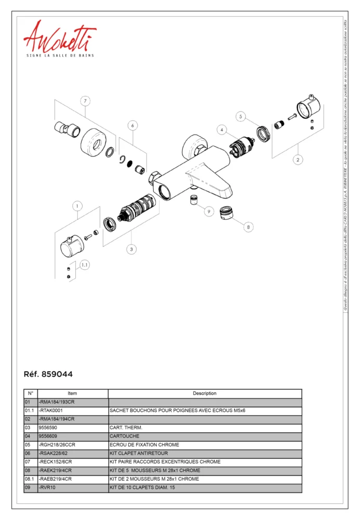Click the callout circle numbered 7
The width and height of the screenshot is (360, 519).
coord(86,101)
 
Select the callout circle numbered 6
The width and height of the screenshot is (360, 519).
coord(132,125)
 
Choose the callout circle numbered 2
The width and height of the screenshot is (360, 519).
coord(298,159)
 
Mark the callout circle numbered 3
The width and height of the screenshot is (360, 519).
coord(132,249)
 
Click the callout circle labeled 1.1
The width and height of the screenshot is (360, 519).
coord(85,265)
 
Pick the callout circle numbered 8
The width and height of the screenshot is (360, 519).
coord(248,227)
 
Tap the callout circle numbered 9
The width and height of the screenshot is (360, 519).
coord(209,211)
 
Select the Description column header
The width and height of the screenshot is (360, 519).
coord(205,393)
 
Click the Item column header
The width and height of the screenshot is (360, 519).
coord(72,393)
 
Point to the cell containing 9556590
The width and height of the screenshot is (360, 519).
coord(72,428)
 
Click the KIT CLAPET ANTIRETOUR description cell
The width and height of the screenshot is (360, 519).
coord(205,453)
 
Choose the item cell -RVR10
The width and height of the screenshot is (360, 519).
coord(72,488)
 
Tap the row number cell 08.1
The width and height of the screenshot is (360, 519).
coord(30,479)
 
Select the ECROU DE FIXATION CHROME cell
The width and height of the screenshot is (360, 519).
coord(205,445)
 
